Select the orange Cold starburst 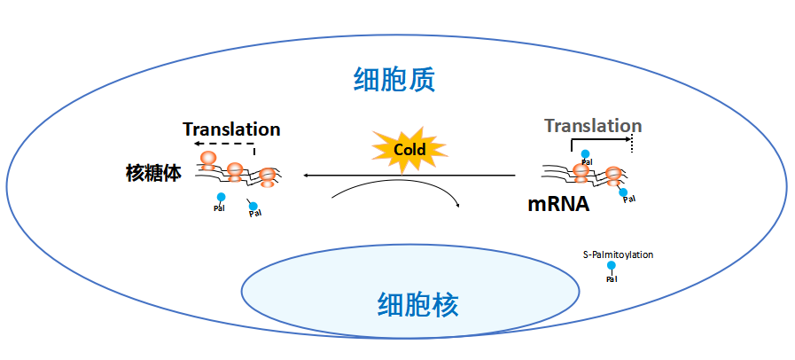409,149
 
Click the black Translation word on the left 231,129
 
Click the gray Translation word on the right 593,125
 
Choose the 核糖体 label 153,173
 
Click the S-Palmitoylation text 618,254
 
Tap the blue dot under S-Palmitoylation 611,265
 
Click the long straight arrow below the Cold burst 408,176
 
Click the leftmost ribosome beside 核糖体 209,160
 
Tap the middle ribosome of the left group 235,171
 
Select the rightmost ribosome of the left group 264,177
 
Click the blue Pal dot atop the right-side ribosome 585,153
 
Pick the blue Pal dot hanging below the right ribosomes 624,192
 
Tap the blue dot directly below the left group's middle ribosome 221,197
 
